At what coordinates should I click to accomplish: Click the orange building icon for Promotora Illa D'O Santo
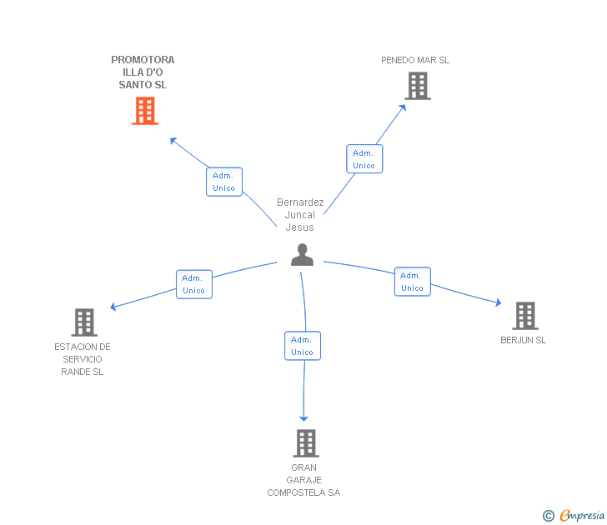click(145, 111)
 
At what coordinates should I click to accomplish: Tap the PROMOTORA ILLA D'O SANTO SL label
click(143, 72)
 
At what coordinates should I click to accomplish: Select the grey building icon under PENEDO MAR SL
click(418, 86)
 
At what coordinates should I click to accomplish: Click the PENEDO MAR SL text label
click(415, 60)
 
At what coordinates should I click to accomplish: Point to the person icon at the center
click(302, 255)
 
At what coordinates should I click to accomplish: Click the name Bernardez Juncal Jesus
click(300, 215)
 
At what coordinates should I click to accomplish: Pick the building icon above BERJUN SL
click(524, 316)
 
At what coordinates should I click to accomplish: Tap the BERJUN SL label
click(524, 340)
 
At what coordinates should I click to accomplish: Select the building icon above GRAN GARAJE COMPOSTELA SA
click(306, 443)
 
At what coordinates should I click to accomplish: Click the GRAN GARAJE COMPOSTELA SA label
click(303, 480)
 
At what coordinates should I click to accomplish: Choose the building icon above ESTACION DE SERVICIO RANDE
click(83, 322)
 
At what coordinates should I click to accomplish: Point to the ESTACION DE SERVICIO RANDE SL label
click(83, 359)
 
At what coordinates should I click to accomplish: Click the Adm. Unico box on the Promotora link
click(223, 182)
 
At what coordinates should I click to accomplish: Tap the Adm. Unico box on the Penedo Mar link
click(364, 159)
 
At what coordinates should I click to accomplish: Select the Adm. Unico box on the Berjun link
click(412, 282)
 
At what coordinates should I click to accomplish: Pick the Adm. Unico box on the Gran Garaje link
click(302, 346)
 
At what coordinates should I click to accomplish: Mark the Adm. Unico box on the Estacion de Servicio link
click(193, 284)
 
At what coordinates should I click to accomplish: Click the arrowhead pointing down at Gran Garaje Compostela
click(304, 417)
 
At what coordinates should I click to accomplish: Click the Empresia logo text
click(582, 516)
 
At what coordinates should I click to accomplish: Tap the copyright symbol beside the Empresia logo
click(549, 517)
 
